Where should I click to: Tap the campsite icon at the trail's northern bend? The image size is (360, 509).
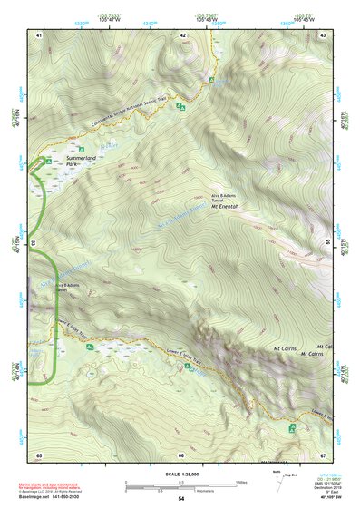(x=211, y=80)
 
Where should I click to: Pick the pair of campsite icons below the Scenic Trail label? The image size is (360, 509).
(x=180, y=108)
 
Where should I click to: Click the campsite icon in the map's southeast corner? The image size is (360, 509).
(x=292, y=426)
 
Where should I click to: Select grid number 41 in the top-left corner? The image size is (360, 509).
(x=39, y=35)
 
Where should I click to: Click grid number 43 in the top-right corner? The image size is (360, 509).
(x=324, y=35)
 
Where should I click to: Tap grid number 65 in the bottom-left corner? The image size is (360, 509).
(x=39, y=454)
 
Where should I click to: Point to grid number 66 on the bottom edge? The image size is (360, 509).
(x=181, y=454)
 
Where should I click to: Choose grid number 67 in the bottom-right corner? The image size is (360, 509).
(x=324, y=454)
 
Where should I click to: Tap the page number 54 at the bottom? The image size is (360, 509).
(x=181, y=499)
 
